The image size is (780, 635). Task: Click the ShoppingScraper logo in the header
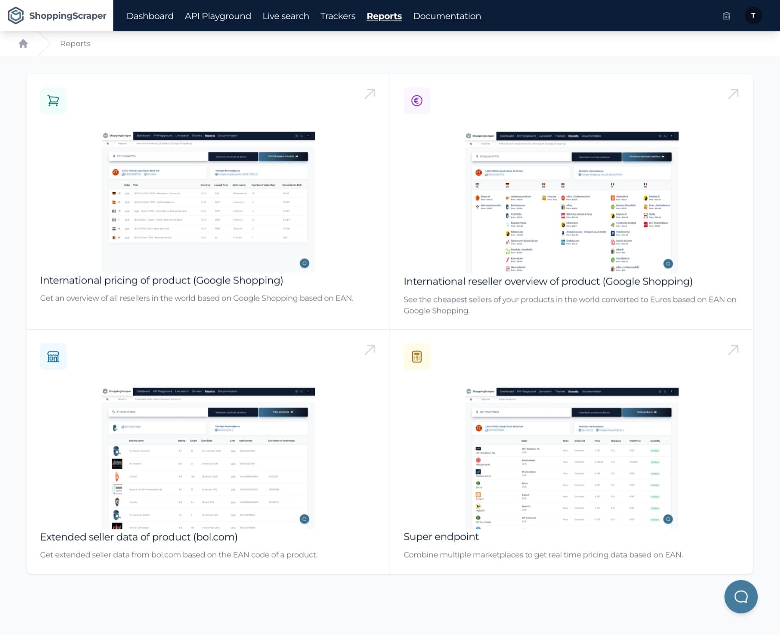pyautogui.click(x=57, y=16)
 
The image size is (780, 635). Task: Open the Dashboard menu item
pyautogui.click(x=150, y=16)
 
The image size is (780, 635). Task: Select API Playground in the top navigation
pyautogui.click(x=218, y=16)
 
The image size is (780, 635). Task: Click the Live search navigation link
pyautogui.click(x=286, y=16)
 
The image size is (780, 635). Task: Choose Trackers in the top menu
pyautogui.click(x=338, y=16)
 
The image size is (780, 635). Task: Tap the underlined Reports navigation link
pyautogui.click(x=384, y=16)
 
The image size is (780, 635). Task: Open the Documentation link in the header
pyautogui.click(x=447, y=16)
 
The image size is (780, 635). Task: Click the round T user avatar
pyautogui.click(x=753, y=16)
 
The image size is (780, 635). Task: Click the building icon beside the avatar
pyautogui.click(x=726, y=16)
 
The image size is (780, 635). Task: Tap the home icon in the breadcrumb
pyautogui.click(x=23, y=43)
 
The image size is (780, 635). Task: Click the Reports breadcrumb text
pyautogui.click(x=75, y=43)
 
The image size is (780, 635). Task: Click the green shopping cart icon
pyautogui.click(x=53, y=101)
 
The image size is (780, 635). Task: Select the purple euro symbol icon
pyautogui.click(x=417, y=101)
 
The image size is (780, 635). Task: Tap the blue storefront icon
pyautogui.click(x=53, y=357)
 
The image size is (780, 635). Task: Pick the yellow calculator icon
pyautogui.click(x=417, y=357)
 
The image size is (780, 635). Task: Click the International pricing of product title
pyautogui.click(x=161, y=280)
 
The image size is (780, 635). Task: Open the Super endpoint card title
pyautogui.click(x=441, y=536)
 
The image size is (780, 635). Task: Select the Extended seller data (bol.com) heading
pyautogui.click(x=138, y=537)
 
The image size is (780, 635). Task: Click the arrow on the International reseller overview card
pyautogui.click(x=733, y=94)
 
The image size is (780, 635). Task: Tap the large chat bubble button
pyautogui.click(x=740, y=597)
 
